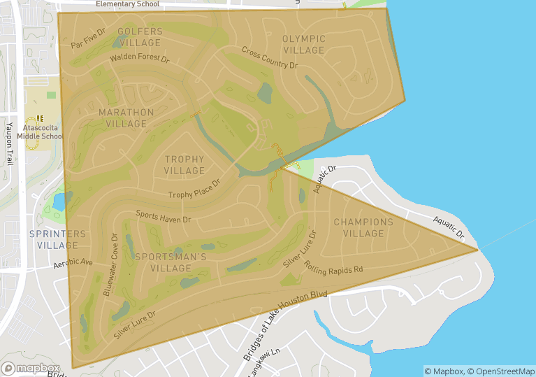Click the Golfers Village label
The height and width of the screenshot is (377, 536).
(x=140, y=37)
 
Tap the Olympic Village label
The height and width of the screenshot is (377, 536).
(x=304, y=44)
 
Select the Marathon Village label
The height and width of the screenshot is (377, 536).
(x=126, y=118)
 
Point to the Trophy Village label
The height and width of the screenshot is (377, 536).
(x=184, y=165)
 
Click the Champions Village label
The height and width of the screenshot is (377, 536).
(x=363, y=228)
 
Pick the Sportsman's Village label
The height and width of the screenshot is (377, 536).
(x=171, y=262)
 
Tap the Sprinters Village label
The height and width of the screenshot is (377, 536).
(x=58, y=239)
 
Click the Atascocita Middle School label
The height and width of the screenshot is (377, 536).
(x=43, y=132)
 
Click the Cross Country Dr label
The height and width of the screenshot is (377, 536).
(x=270, y=57)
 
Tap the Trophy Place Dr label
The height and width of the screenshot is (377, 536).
(x=194, y=190)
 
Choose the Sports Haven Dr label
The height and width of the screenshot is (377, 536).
(x=163, y=216)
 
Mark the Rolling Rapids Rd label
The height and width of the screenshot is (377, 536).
(x=333, y=266)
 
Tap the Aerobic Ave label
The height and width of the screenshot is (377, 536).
(x=73, y=264)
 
